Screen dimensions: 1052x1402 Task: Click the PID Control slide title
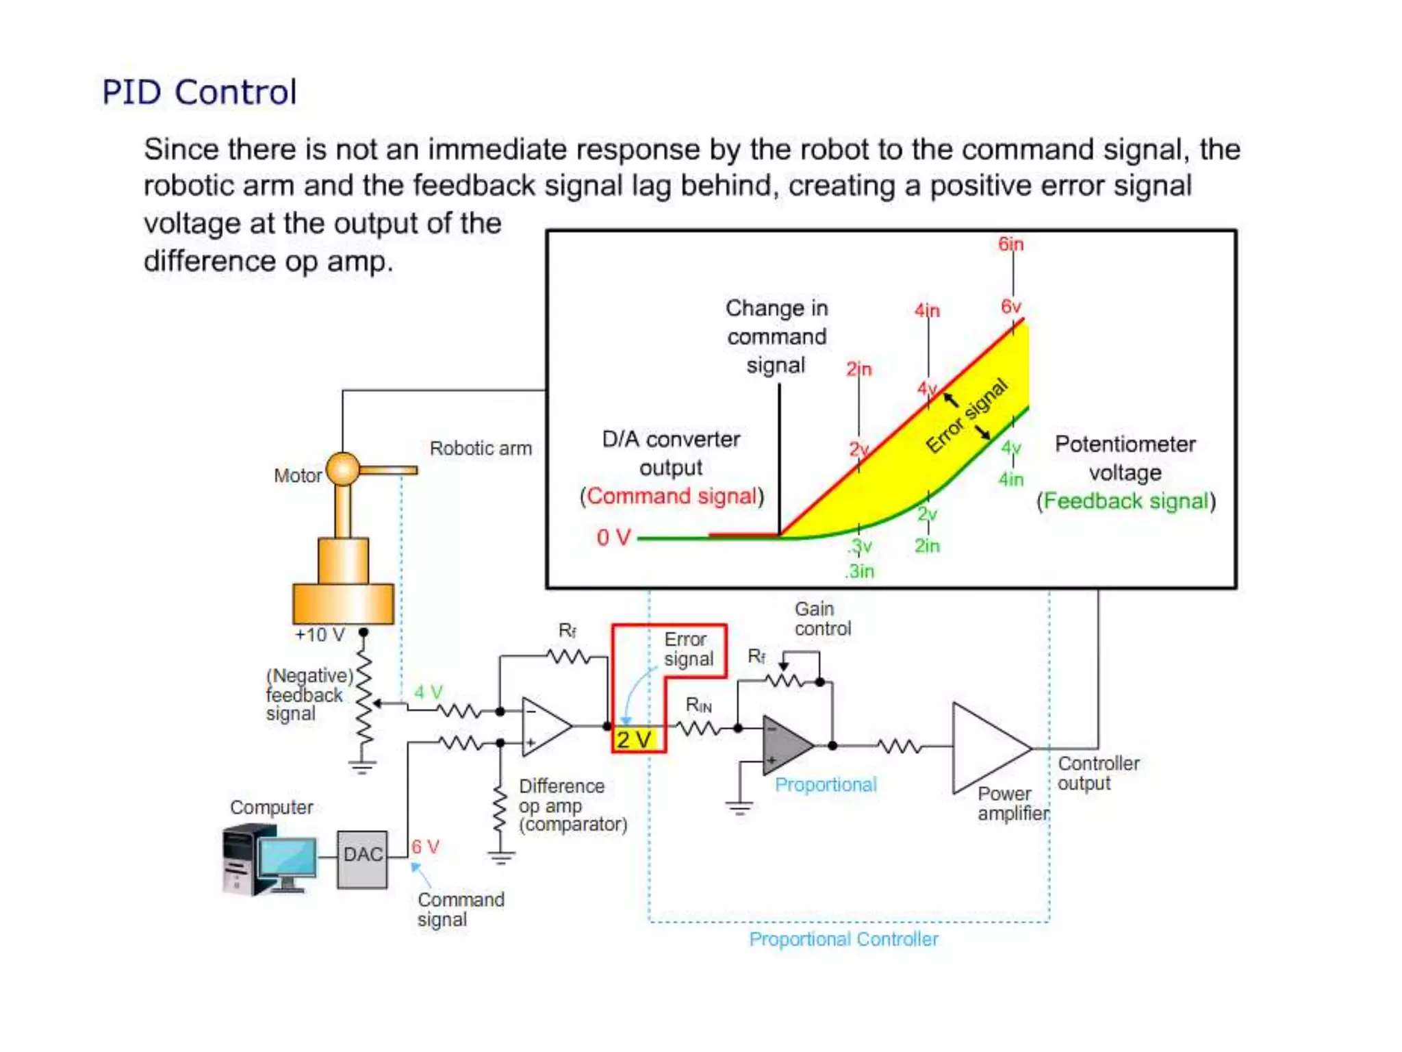pos(199,92)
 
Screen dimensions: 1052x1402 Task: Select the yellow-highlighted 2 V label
pos(635,740)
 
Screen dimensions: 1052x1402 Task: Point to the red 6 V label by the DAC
pos(425,847)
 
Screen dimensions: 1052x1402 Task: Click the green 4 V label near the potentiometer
pos(429,692)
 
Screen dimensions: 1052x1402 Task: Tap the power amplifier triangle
pos(988,748)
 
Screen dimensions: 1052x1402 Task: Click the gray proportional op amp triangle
pos(785,745)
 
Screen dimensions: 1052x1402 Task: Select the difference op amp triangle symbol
pos(544,727)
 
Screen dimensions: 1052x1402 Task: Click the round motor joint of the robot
pos(343,469)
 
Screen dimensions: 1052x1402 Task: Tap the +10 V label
pos(319,635)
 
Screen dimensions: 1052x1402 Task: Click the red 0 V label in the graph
pos(613,538)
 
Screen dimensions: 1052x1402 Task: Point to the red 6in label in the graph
pos(1010,244)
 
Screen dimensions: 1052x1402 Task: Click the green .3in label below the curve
pos(860,571)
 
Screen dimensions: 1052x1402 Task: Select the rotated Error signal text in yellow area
pos(967,416)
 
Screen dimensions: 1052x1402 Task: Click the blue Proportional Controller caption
pos(843,939)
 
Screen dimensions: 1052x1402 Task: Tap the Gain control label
pos(822,618)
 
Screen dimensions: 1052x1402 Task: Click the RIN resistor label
pos(698,705)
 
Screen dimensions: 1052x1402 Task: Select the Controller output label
pos(1097,773)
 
